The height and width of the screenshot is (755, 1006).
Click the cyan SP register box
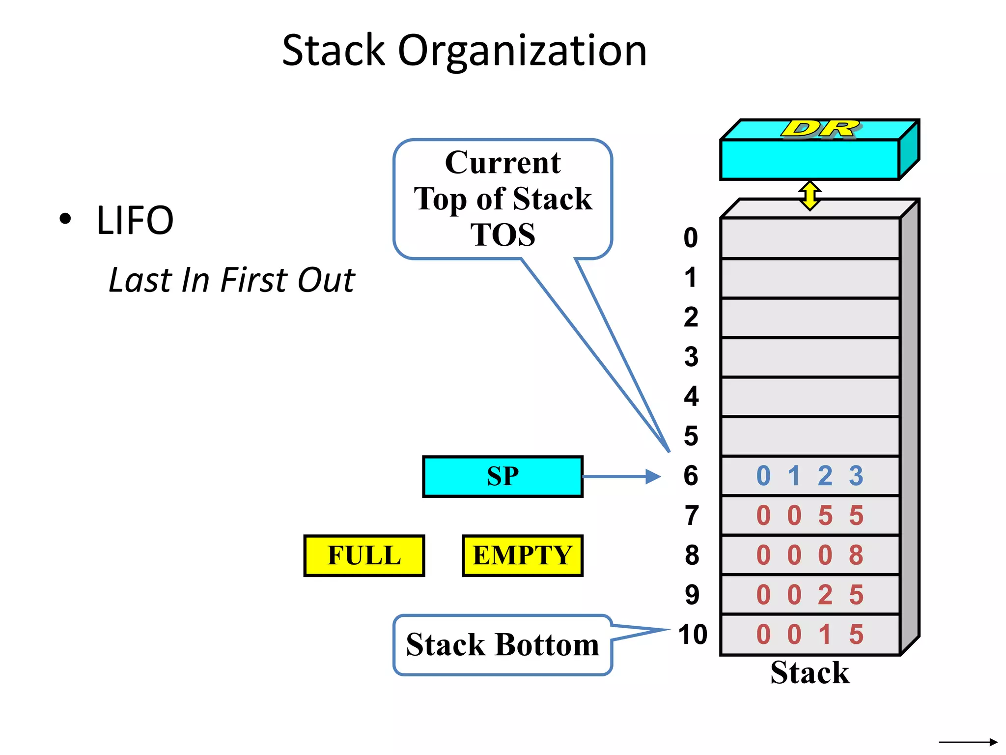503,476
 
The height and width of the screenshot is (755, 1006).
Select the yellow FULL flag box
364,555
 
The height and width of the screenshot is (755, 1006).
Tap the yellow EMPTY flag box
522,555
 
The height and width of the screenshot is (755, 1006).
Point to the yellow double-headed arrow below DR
810,196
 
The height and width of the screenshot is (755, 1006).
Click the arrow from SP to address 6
621,476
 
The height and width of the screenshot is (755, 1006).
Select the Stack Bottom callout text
502,644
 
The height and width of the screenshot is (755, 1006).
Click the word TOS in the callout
503,234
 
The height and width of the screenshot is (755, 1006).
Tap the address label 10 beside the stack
693,634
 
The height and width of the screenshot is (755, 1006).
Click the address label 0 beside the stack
691,238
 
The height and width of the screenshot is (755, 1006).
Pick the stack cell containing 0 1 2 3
810,476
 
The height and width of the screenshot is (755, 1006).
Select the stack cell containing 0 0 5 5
810,516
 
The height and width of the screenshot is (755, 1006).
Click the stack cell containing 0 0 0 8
810,555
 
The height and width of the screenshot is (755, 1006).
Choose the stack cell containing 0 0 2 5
810,595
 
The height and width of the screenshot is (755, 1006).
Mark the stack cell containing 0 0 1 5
810,635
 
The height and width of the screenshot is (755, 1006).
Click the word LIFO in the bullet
135,220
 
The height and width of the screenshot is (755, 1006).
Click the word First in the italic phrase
255,280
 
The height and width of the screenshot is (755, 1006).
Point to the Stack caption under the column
810,672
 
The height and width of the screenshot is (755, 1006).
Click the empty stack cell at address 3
810,357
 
